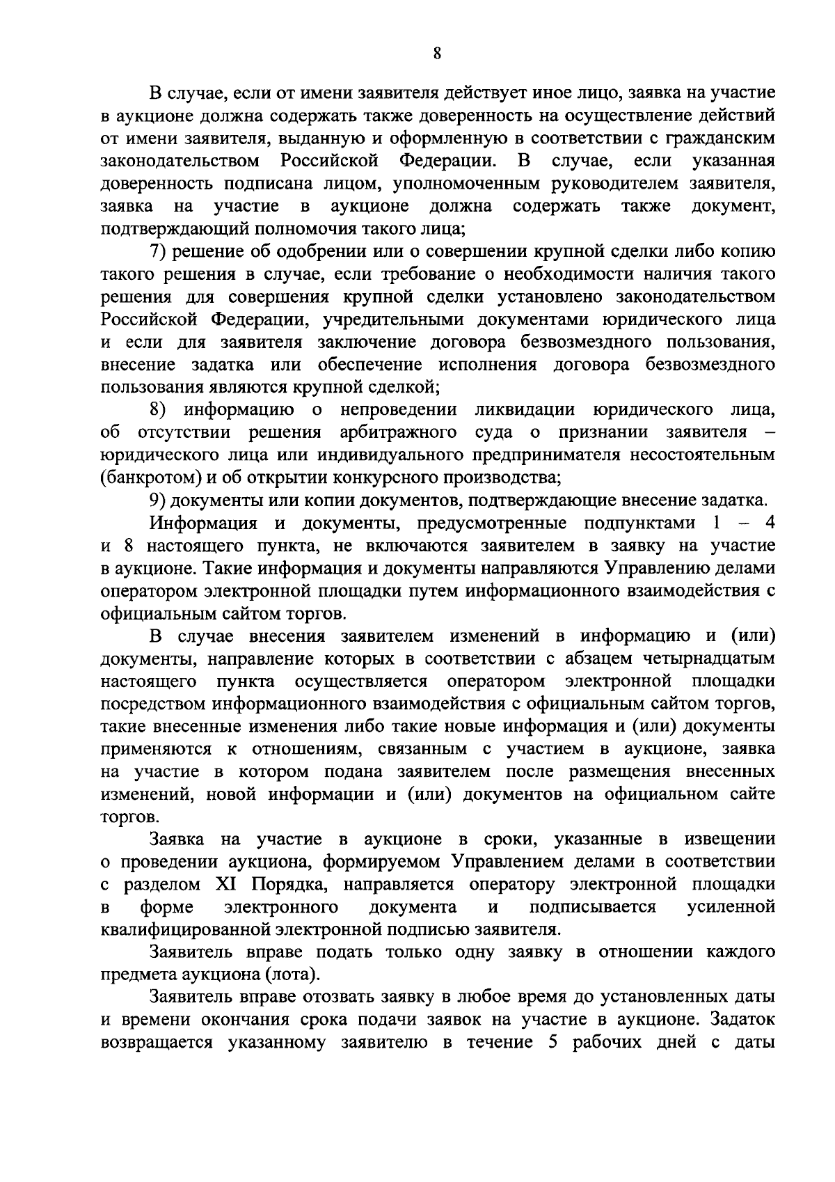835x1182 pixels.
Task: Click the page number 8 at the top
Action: [x=437, y=54]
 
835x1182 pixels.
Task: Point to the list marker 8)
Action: [x=159, y=409]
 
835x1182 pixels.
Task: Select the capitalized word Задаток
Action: [x=743, y=1020]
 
